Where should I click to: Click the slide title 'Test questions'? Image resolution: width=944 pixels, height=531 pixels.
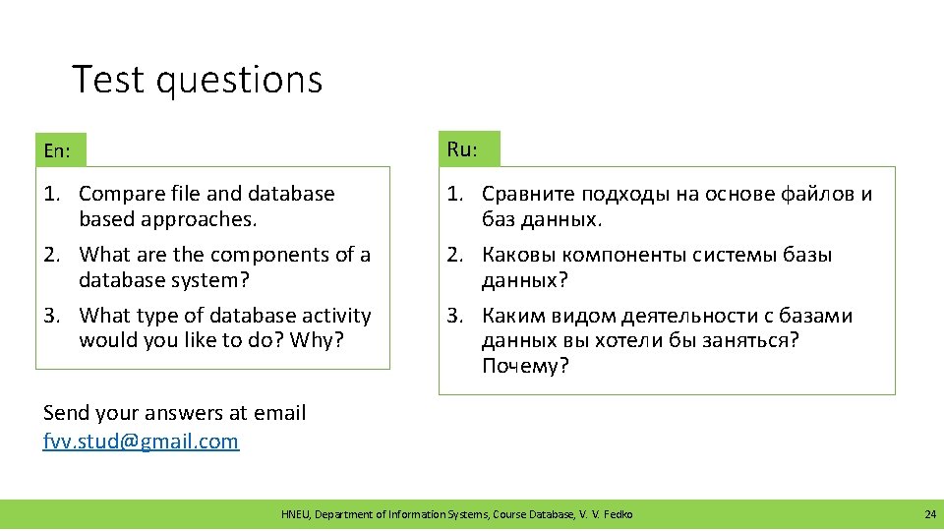coord(197,80)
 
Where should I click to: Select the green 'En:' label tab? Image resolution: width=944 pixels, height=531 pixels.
coord(60,150)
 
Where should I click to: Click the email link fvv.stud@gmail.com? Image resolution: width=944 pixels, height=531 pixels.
coord(141,441)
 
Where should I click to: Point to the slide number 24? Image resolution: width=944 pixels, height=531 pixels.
coord(929,514)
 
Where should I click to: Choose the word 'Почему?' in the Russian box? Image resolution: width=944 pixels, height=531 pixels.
coord(525,367)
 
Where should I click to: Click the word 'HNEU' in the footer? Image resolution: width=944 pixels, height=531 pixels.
coord(294,514)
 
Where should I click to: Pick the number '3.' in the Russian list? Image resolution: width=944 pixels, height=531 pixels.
coord(455,316)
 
